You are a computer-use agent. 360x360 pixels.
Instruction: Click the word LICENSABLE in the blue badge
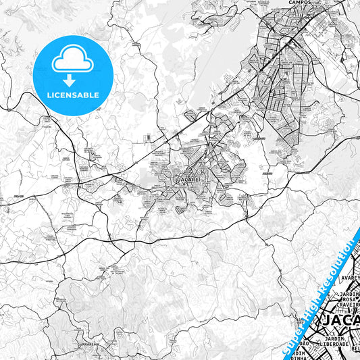[x=74, y=95]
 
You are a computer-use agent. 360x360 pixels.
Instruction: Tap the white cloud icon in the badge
[x=74, y=60]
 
